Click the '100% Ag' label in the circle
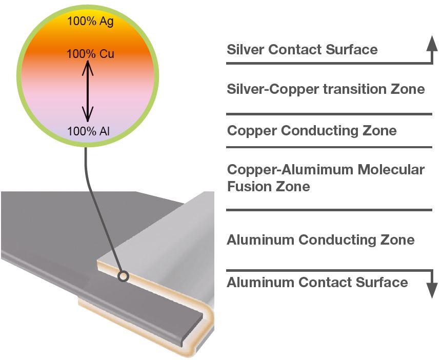tap(90, 22)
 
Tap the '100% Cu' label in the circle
tap(90, 53)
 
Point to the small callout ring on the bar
tap(123, 276)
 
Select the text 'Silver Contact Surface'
tap(302, 50)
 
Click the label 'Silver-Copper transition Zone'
tap(326, 89)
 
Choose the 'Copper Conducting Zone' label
tap(312, 130)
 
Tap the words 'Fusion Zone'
tap(268, 186)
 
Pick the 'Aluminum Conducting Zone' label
tap(320, 239)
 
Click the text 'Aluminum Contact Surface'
tap(317, 282)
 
